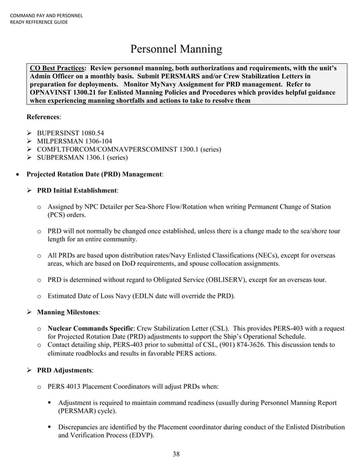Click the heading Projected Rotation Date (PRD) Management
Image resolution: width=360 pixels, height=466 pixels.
[95, 174]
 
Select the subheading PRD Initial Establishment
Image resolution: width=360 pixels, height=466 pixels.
[77, 191]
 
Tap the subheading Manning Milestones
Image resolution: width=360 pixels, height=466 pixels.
[68, 312]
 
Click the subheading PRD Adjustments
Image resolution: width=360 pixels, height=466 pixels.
[64, 370]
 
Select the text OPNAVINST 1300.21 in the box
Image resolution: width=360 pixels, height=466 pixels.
[62, 92]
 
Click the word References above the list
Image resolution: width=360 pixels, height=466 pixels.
[43, 117]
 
